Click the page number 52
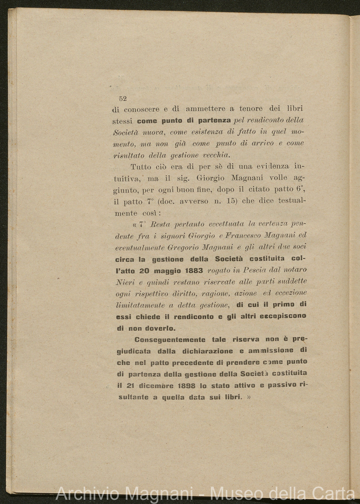tap(123, 99)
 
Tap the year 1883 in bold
tap(191, 270)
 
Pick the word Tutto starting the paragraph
tap(141, 167)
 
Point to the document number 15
tap(231, 201)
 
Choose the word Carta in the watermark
tap(334, 493)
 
